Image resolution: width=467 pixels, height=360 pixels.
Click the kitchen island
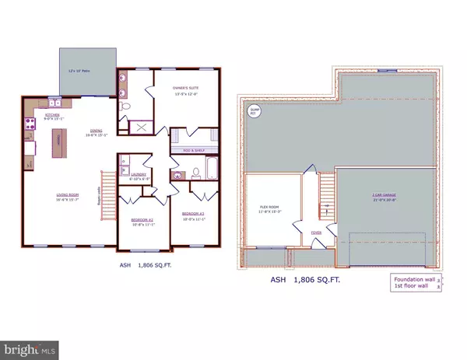(57, 143)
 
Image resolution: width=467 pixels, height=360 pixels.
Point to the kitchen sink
(54, 103)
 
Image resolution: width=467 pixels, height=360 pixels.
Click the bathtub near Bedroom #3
(191, 170)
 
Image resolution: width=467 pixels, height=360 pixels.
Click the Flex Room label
(271, 208)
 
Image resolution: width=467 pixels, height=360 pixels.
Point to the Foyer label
(316, 231)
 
